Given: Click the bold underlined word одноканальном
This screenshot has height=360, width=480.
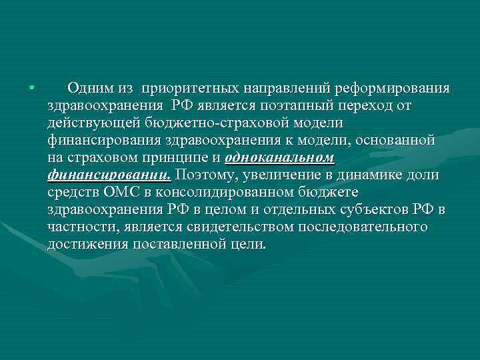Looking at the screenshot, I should pos(280,158).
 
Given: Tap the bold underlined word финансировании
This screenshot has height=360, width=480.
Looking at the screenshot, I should pos(109,175).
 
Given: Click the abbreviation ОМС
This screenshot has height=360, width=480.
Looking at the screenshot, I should pos(119,193).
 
